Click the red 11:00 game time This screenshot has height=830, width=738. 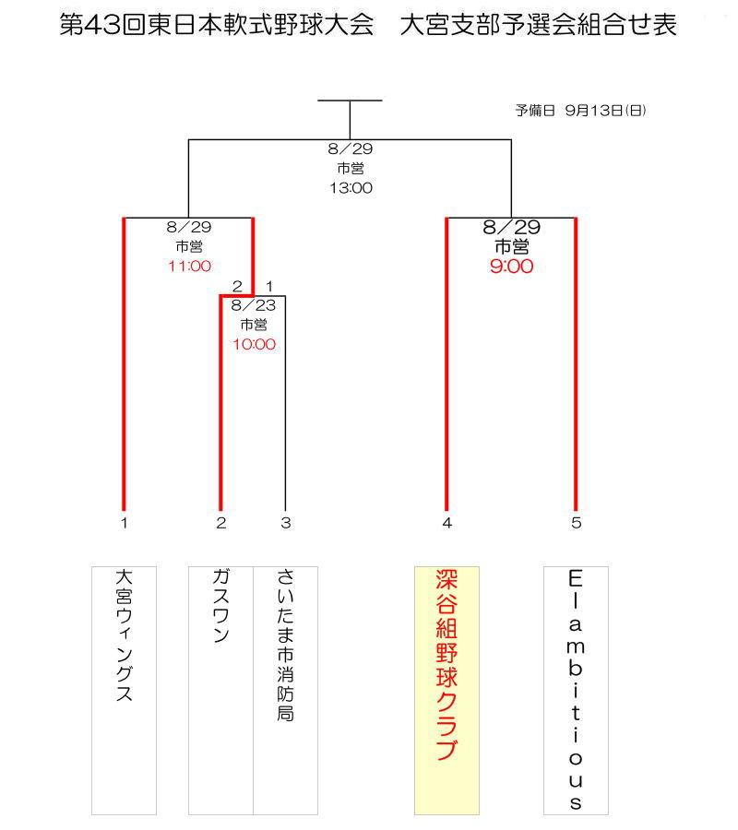pos(189,266)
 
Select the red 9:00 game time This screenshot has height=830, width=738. pos(511,266)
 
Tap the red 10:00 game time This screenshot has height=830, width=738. pos(254,344)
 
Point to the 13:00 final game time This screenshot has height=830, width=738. pos(351,187)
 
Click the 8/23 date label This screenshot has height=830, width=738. pos(254,305)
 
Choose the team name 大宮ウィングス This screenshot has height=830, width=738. pos(124,635)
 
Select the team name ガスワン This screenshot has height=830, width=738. pos(220,605)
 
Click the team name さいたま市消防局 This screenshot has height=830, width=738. pos(285,646)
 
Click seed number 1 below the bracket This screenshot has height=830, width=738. pos(124,523)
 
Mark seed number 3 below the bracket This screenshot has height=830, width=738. pos(286,523)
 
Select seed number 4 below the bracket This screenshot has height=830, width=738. pos(447,523)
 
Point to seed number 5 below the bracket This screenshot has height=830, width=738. pos(577,523)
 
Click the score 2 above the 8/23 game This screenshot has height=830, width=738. pos(237,287)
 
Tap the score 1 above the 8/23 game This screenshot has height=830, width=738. pos(269,287)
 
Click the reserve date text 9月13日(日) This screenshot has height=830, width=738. pos(606,110)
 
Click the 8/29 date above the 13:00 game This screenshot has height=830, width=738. pos(351,148)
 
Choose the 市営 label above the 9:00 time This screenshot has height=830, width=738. pos(511,246)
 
